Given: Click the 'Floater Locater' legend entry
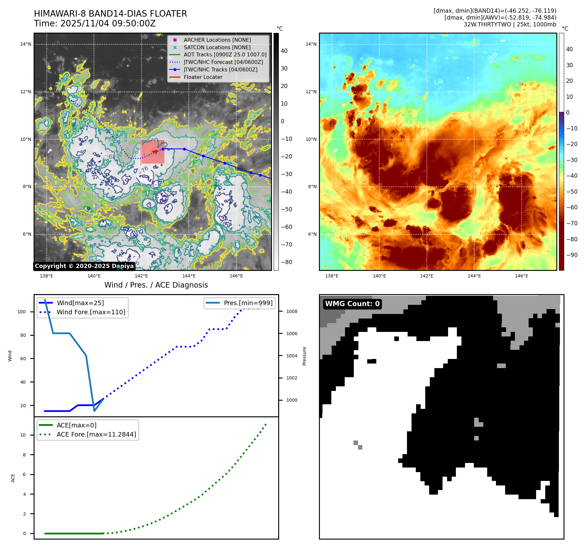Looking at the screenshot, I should pyautogui.click(x=203, y=77).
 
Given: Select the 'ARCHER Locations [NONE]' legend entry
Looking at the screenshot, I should pyautogui.click(x=217, y=40).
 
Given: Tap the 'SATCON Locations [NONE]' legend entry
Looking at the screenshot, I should pyautogui.click(x=217, y=47).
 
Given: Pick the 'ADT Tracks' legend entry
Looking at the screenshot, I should pyautogui.click(x=225, y=55).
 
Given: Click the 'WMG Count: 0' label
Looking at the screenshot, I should pyautogui.click(x=352, y=304).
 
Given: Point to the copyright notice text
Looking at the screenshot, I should pyautogui.click(x=84, y=266).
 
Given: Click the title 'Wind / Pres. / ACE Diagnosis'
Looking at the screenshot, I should pyautogui.click(x=156, y=285).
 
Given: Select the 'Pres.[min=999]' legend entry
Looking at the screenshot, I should pyautogui.click(x=248, y=303).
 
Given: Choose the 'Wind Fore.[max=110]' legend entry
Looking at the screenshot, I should pyautogui.click(x=91, y=312).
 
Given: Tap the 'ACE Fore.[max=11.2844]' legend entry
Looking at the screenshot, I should pyautogui.click(x=96, y=434).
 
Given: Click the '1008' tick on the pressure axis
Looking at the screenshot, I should pyautogui.click(x=292, y=311).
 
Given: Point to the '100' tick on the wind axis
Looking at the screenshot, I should pyautogui.click(x=22, y=312).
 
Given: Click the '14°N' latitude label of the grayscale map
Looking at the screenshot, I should pyautogui.click(x=26, y=44).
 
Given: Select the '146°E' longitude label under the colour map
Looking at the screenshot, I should pyautogui.click(x=521, y=276).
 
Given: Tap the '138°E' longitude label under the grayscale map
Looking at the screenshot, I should pyautogui.click(x=47, y=276).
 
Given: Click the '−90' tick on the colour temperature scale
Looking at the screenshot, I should pyautogui.click(x=571, y=255).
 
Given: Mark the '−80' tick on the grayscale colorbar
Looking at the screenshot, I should pyautogui.click(x=287, y=262).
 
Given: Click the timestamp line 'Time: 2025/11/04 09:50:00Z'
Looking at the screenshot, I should pyautogui.click(x=95, y=23).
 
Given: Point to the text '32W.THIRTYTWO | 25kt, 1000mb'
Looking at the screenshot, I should pyautogui.click(x=510, y=24).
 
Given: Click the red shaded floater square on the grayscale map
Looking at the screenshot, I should pyautogui.click(x=152, y=152).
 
